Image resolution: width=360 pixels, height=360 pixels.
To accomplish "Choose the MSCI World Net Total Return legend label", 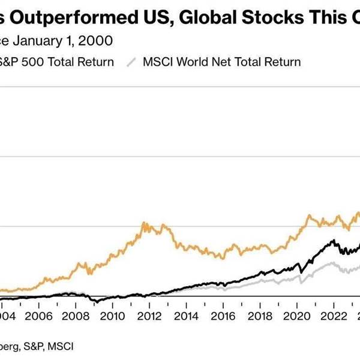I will pyautogui.click(x=221, y=61).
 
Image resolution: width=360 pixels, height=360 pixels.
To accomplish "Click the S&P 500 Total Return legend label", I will pyautogui.click(x=57, y=61).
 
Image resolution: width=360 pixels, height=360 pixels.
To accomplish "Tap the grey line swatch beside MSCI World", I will pyautogui.click(x=133, y=61).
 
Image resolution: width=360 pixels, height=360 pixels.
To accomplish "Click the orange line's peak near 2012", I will pyautogui.click(x=145, y=223).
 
